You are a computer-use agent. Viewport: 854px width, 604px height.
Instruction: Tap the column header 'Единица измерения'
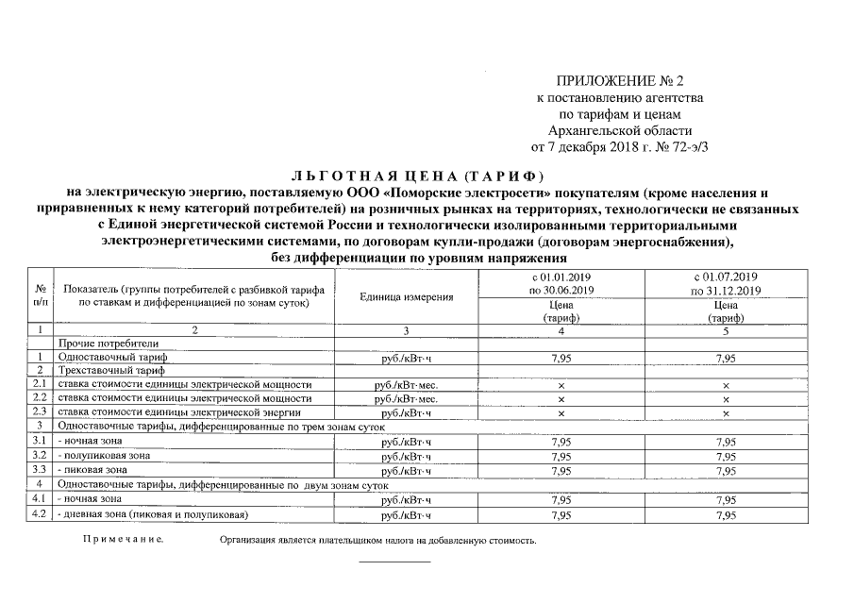point(407,296)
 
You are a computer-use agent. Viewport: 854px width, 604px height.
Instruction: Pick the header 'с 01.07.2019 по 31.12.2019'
point(726,284)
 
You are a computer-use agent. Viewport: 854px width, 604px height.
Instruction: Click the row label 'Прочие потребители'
point(109,343)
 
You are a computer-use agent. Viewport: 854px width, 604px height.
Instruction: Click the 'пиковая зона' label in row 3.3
point(92,469)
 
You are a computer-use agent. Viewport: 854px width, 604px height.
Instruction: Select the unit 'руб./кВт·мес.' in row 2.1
point(407,385)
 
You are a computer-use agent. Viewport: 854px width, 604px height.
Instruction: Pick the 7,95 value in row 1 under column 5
point(726,358)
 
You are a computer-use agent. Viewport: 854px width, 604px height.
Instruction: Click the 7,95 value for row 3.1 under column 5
point(726,442)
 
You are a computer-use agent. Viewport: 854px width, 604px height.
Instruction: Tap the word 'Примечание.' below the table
point(122,541)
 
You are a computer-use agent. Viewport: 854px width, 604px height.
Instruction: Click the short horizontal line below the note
point(394,562)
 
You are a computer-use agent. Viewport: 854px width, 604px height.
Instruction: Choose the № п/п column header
point(40,295)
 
